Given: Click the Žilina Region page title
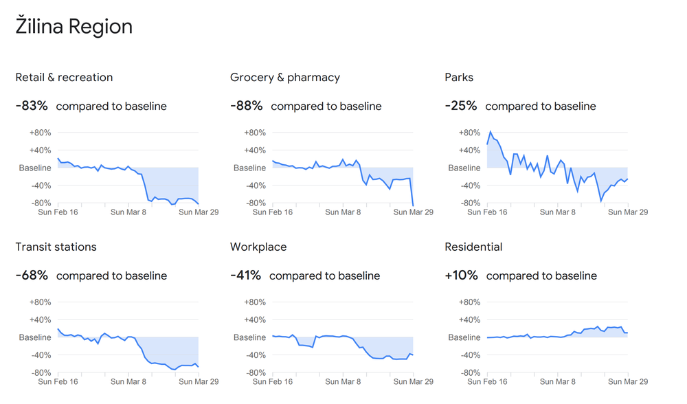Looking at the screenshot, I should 74,27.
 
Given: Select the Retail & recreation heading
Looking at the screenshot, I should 64,78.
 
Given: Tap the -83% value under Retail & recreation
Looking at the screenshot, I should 32,106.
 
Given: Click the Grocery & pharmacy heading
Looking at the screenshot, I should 285,78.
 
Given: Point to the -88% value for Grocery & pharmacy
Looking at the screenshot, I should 247,106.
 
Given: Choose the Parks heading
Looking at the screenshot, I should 459,78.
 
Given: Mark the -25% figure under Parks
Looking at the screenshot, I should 461,106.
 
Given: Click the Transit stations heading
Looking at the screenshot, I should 56,247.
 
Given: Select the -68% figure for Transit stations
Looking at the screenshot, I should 32,276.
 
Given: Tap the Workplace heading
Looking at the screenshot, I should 258,247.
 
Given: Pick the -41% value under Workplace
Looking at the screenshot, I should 246,276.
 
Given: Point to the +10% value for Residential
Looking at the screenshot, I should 462,276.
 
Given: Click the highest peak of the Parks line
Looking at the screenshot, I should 491,132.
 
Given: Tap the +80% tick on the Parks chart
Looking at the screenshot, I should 469,133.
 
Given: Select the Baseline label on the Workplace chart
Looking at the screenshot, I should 249,337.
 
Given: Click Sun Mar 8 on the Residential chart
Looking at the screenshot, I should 557,381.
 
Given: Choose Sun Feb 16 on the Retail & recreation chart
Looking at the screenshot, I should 58,212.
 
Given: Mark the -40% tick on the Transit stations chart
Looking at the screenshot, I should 40,355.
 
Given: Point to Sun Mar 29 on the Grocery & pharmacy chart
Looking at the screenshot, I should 413,212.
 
